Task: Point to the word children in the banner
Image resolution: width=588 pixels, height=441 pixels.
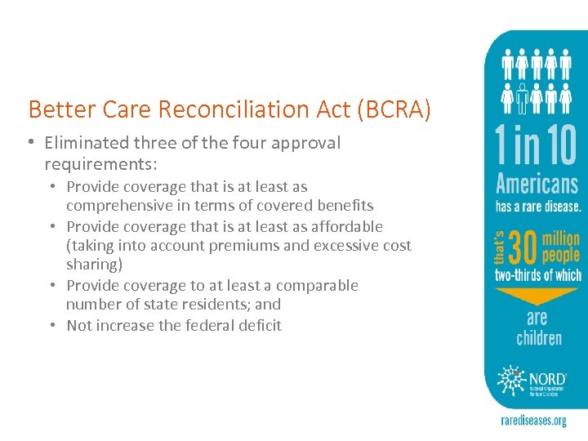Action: click(x=539, y=337)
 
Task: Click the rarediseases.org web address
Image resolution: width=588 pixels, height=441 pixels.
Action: click(x=533, y=421)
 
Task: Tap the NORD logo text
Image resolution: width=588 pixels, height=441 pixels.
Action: click(x=547, y=378)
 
